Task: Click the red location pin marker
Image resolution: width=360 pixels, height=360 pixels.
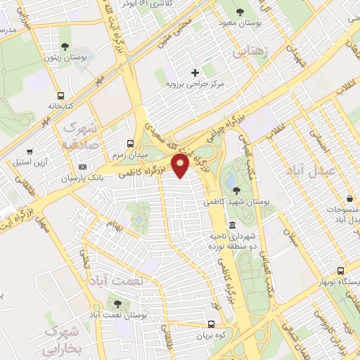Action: [181, 166]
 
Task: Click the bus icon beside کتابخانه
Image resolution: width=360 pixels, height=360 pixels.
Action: [60, 96]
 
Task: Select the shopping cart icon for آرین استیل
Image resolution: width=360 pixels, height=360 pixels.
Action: [28, 151]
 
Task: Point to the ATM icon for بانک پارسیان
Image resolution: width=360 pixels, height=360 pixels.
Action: [84, 167]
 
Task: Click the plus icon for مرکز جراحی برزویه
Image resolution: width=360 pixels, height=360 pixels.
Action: [195, 72]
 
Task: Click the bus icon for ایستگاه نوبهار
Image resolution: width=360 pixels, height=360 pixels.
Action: [341, 271]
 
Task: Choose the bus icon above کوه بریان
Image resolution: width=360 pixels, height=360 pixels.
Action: [212, 325]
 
